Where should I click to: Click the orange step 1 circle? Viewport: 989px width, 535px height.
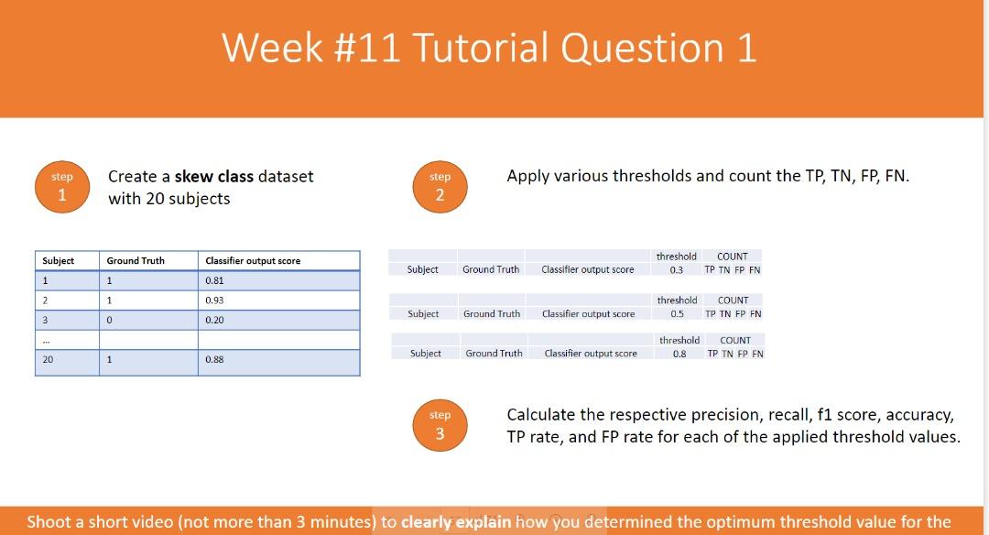point(62,187)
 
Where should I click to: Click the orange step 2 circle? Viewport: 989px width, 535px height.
point(440,187)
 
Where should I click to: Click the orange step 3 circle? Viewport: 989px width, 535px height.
point(440,425)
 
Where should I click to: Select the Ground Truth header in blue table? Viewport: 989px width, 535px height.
point(136,261)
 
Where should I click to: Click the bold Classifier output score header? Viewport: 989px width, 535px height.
point(253,261)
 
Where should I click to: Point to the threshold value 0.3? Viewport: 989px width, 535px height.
point(676,270)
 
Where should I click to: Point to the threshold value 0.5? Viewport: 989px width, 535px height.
point(677,314)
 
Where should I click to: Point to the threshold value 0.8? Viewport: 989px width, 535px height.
point(679,354)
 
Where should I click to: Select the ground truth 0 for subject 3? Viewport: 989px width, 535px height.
point(110,321)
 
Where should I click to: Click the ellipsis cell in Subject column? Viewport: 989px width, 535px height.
point(46,340)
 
